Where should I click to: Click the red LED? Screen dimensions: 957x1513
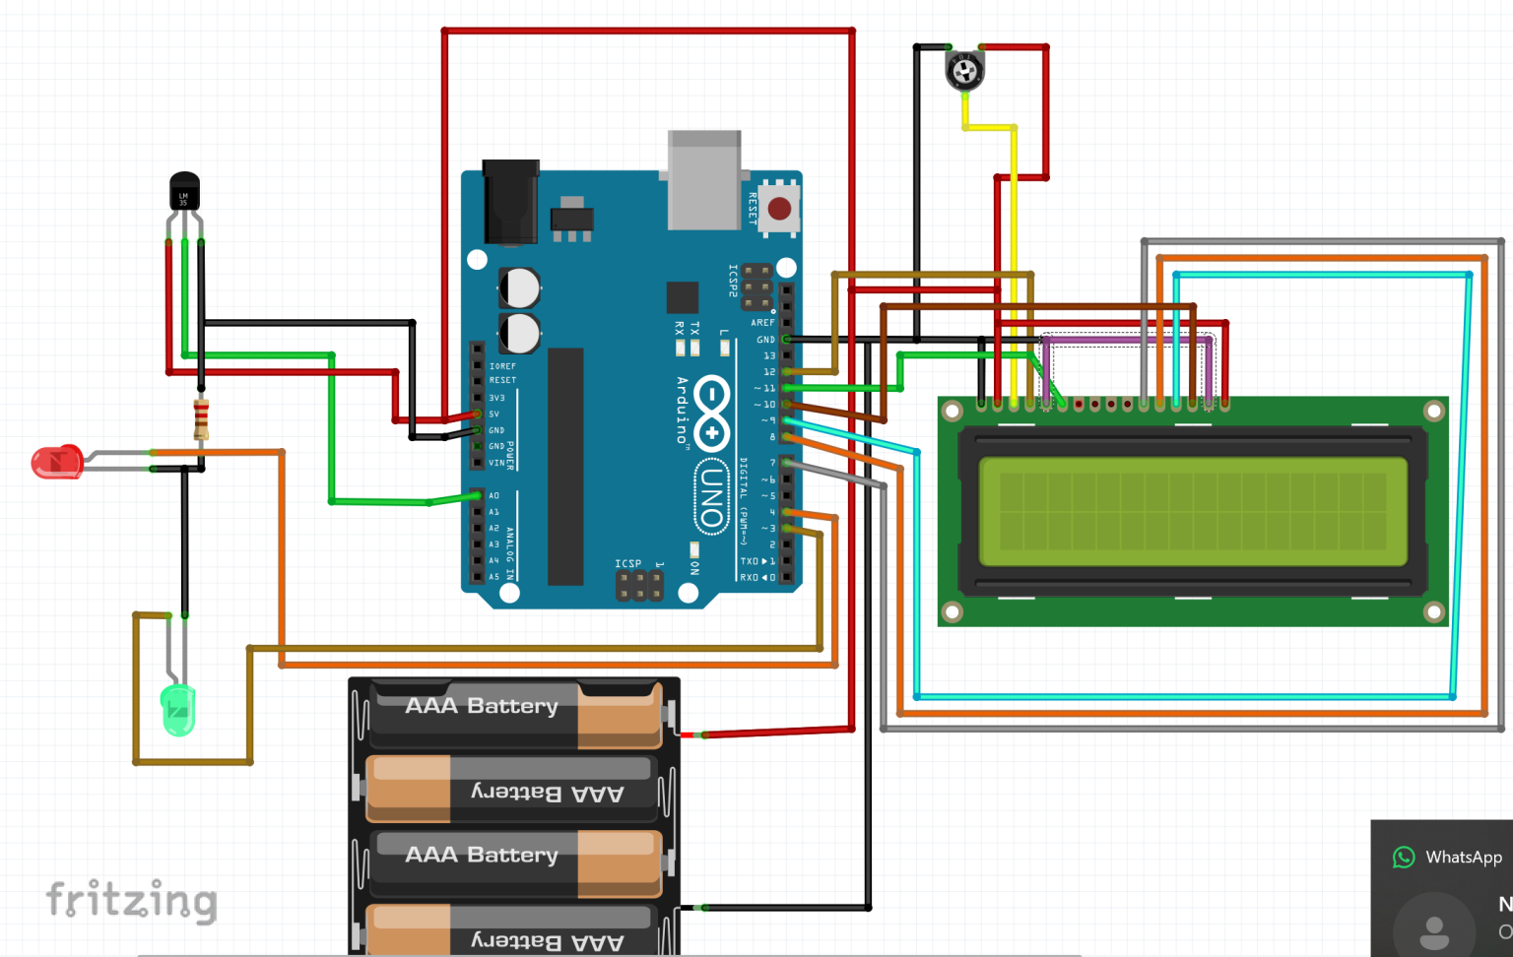tap(57, 462)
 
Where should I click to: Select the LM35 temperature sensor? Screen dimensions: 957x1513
tap(184, 193)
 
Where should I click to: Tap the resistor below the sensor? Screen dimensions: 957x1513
tap(201, 419)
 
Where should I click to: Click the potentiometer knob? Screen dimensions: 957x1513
tap(964, 71)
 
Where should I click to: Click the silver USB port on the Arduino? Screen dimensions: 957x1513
tap(704, 180)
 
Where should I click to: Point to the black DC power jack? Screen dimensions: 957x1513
tap(510, 202)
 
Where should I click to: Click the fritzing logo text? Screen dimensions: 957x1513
tap(132, 900)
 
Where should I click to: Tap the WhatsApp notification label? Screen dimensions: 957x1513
tap(1463, 857)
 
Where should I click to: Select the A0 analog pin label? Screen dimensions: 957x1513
tap(493, 495)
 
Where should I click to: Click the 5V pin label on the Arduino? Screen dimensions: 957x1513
tap(494, 414)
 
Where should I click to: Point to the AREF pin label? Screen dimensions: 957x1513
tap(762, 323)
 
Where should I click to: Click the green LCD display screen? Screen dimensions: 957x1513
tap(1193, 511)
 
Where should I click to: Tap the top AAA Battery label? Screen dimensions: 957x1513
tap(482, 706)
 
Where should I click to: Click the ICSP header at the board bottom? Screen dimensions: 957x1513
tap(639, 586)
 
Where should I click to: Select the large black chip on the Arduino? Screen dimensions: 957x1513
tap(565, 467)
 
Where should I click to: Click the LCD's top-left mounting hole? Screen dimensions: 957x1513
tap(952, 411)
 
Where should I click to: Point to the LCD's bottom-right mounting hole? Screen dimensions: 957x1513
tap(1433, 612)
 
